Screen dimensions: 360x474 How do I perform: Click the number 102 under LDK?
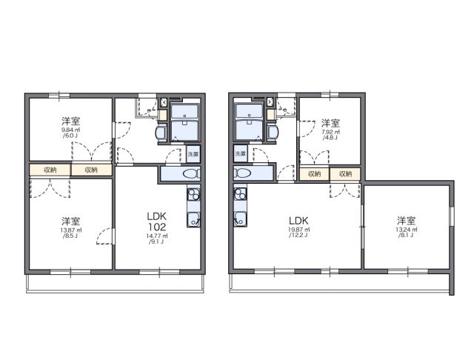click(x=156, y=227)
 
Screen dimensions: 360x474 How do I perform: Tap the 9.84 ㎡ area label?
click(x=71, y=130)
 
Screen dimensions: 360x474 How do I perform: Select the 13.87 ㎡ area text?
click(x=71, y=231)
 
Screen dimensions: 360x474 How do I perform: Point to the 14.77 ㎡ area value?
click(x=156, y=236)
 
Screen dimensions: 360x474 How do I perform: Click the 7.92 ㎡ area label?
click(x=330, y=132)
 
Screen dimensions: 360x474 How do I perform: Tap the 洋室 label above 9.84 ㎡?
click(x=71, y=121)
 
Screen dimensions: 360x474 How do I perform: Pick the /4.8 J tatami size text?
click(x=330, y=139)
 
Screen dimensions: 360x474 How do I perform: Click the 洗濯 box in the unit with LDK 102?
click(x=193, y=156)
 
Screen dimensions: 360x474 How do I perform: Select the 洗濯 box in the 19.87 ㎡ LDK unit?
click(x=241, y=153)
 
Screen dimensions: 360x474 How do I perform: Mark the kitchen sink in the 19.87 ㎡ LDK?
click(x=240, y=219)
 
